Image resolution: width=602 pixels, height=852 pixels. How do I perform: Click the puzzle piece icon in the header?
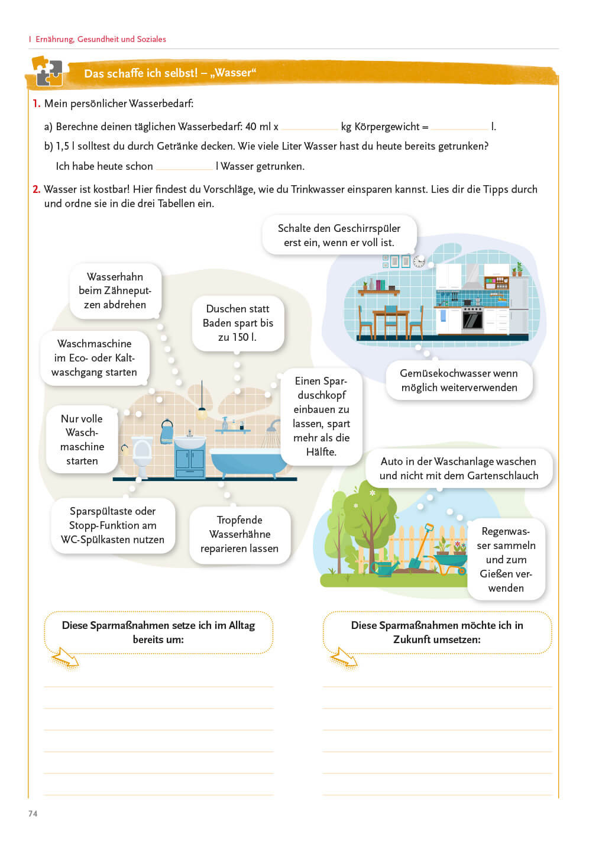pos(47,71)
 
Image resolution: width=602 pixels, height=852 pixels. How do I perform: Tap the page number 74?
pos(33,814)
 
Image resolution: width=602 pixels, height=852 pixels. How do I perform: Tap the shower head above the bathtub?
pos(273,425)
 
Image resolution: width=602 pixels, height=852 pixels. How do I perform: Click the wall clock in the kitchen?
pos(419,261)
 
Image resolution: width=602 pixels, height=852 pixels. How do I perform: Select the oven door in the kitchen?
pos(472,320)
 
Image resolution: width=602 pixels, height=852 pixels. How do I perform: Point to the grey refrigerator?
pos(519,305)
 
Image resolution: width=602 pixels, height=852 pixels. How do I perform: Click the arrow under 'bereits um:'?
pos(64,658)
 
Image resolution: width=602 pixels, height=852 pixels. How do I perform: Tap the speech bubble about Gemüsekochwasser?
pos(459,380)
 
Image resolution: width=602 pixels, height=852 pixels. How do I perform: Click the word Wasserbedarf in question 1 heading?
pos(161,104)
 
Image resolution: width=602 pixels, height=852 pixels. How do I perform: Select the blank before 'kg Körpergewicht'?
pos(309,127)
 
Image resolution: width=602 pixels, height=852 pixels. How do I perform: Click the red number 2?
pos(36,189)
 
